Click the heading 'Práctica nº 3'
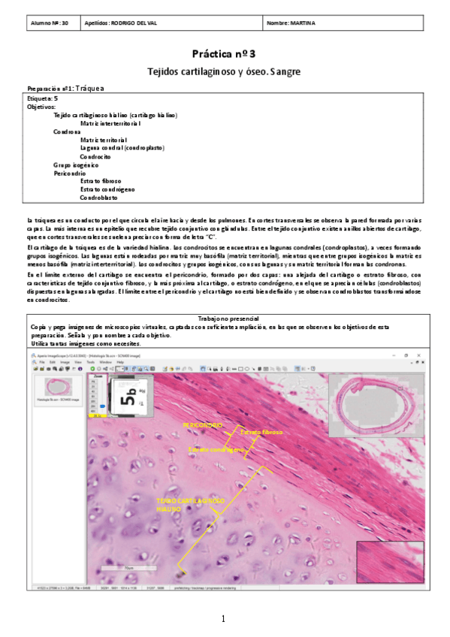[224, 54]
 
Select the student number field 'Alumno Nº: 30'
[48, 23]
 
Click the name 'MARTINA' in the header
[301, 23]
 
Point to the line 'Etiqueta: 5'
[42, 98]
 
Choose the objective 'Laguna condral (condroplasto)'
[122, 148]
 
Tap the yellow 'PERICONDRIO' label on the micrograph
[202, 425]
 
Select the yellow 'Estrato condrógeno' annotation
[216, 449]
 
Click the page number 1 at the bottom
[224, 619]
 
